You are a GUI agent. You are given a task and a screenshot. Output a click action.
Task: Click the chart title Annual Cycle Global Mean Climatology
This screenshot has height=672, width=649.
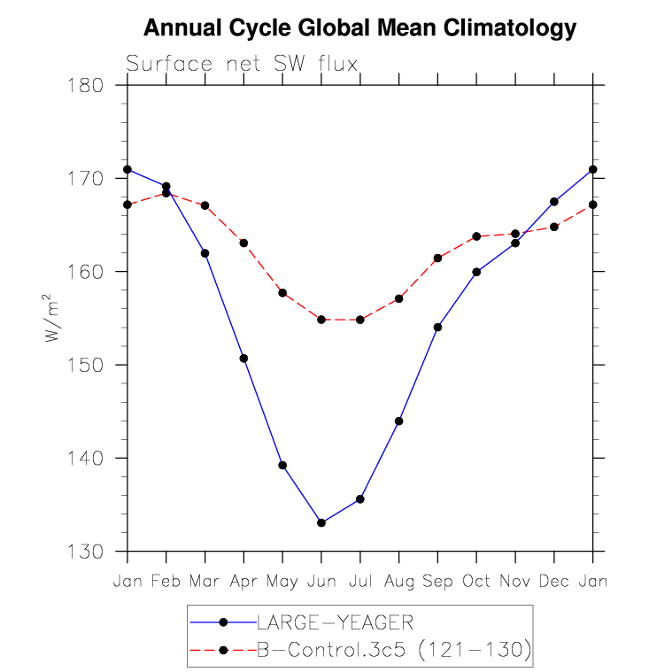click(359, 28)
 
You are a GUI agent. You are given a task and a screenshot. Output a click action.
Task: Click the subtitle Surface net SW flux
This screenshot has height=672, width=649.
click(242, 64)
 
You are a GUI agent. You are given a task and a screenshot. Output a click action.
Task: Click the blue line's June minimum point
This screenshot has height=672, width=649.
click(321, 523)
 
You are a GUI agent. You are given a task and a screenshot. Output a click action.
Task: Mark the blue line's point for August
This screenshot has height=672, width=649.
click(399, 421)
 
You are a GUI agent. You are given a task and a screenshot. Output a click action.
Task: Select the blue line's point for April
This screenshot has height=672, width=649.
click(243, 359)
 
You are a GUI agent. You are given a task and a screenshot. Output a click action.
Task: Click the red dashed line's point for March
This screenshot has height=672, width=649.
click(205, 205)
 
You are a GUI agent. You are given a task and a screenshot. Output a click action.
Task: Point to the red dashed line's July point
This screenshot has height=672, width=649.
click(360, 320)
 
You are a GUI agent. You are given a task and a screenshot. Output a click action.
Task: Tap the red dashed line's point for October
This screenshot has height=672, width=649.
click(476, 236)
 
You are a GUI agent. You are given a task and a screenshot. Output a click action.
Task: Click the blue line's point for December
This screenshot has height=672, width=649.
click(554, 202)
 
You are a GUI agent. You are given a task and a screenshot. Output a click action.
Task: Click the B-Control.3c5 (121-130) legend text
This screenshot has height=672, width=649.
click(393, 652)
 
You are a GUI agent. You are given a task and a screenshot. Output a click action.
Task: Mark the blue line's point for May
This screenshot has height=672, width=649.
click(282, 466)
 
